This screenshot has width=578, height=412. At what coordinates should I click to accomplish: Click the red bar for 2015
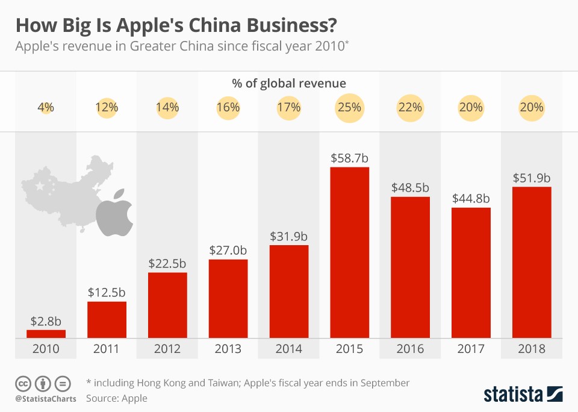[350, 253]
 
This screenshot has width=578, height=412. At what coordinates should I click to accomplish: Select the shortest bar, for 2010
[46, 334]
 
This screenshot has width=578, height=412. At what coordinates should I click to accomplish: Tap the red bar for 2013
[228, 299]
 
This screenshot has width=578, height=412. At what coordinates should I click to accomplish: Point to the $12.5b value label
[107, 292]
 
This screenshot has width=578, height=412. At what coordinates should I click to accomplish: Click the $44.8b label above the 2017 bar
[471, 198]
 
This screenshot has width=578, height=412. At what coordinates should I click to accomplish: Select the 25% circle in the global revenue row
[350, 108]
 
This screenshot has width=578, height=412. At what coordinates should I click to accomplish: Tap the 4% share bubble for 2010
[46, 108]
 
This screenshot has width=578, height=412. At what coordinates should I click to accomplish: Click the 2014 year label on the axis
[289, 349]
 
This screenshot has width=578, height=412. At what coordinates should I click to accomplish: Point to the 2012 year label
[167, 349]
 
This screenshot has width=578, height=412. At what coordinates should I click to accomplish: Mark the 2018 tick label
[532, 349]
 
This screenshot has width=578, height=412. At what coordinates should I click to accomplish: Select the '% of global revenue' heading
[289, 83]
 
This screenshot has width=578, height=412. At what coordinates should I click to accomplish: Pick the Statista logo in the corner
[523, 394]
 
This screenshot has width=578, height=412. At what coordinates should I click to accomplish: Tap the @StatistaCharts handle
[46, 398]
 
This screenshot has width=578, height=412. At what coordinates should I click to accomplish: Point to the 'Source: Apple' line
[117, 398]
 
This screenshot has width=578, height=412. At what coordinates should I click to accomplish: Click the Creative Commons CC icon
[23, 383]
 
